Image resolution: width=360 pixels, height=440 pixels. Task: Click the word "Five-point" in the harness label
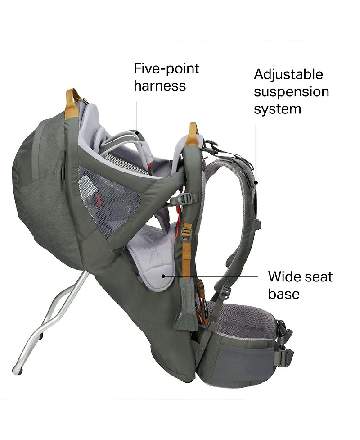coord(166,69)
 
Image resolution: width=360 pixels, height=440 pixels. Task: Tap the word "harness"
coord(160,86)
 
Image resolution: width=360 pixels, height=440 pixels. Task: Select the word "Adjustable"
coord(288,74)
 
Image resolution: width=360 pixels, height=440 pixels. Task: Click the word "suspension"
coord(291,92)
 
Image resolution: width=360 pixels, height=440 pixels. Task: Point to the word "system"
coord(277,109)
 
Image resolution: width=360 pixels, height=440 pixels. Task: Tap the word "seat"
coord(318,277)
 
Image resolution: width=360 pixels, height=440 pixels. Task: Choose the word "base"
coord(283,294)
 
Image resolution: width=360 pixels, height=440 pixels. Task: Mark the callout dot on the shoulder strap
coord(255,182)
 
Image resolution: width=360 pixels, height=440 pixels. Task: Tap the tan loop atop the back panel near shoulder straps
coord(193,134)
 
